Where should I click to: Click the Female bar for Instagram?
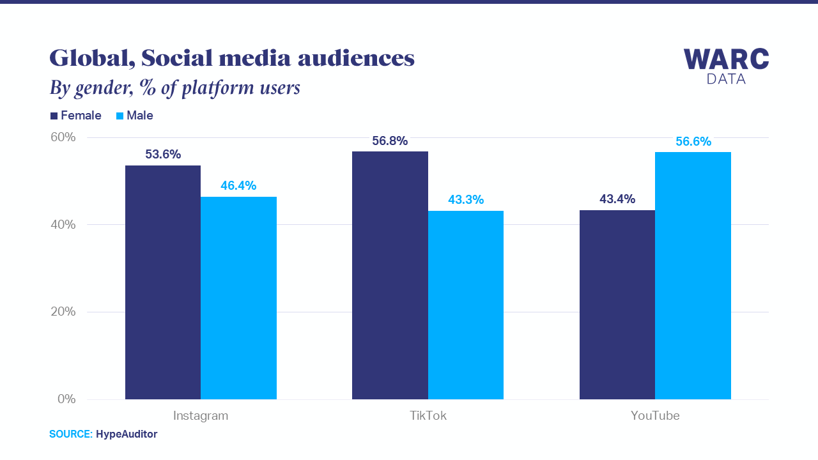(x=163, y=282)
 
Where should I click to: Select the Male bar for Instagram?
(x=238, y=298)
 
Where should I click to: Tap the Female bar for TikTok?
(x=390, y=275)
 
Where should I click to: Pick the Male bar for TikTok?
(x=466, y=305)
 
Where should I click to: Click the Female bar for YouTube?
(x=617, y=305)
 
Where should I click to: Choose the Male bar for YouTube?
(x=693, y=275)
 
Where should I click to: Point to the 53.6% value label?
(x=163, y=155)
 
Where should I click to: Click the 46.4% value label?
(x=238, y=186)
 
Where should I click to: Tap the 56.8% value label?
(x=390, y=141)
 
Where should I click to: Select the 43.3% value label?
(x=466, y=200)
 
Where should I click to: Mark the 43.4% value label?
(x=617, y=199)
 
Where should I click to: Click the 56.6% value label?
(x=693, y=142)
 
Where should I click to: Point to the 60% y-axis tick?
(x=63, y=137)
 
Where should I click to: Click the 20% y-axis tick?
(x=63, y=312)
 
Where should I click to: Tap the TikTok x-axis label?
(x=428, y=416)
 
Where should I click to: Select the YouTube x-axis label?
(x=655, y=416)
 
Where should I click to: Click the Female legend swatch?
(x=54, y=116)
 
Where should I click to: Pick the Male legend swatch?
(x=120, y=116)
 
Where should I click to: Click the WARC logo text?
(x=726, y=59)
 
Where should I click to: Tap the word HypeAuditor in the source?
(x=127, y=434)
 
